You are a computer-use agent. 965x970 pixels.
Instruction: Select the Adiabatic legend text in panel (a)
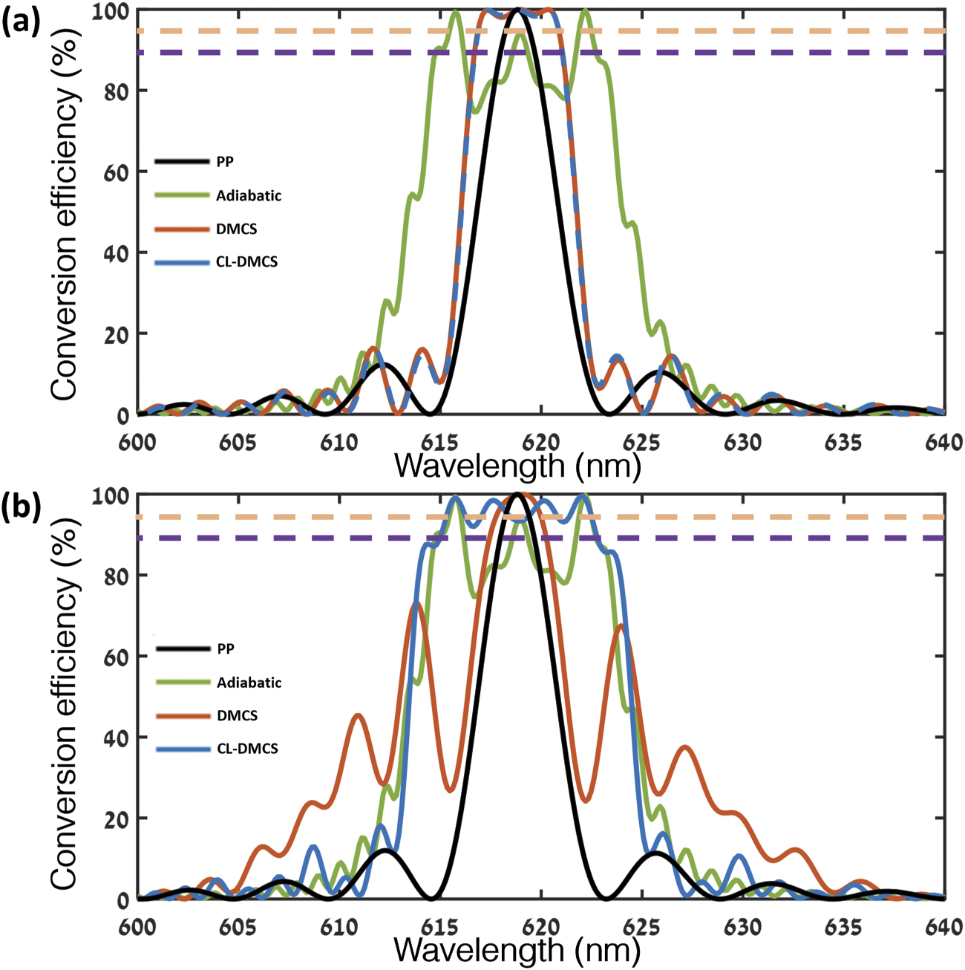coord(249,196)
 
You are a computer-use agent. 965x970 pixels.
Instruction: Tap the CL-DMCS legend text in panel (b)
coord(247,749)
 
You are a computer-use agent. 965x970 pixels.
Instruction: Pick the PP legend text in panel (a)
coord(225,162)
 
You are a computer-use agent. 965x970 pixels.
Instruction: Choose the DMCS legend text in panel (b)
coord(237,716)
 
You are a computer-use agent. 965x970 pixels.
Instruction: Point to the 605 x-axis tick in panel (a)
coord(238,443)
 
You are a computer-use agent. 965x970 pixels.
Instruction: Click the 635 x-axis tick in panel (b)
coord(844,927)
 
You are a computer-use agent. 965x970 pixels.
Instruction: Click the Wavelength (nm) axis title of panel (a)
coord(517,466)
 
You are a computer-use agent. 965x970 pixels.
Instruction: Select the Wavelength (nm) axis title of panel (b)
coord(517,950)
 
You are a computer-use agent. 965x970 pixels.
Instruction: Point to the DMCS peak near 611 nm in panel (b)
coord(359,715)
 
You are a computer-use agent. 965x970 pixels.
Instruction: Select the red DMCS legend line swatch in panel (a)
coord(182,230)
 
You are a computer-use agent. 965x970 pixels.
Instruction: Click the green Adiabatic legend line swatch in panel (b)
coord(183,683)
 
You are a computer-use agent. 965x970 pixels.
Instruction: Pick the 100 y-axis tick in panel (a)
coord(111,10)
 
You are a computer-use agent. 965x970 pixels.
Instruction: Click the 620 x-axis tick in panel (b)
coord(541,927)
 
